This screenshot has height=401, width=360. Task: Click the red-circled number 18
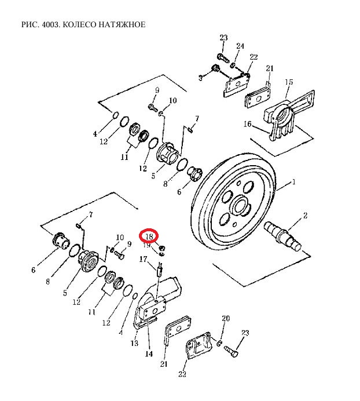point(149,236)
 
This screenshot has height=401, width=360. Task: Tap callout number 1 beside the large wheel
point(294,182)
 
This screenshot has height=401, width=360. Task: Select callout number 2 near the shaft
point(305,216)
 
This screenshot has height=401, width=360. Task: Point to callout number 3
point(201,78)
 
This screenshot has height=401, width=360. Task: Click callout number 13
point(134,343)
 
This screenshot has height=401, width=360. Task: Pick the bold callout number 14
point(149,354)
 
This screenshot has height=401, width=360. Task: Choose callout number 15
point(289,82)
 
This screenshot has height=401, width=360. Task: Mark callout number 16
point(247,124)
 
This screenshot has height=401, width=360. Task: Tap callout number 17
point(143,259)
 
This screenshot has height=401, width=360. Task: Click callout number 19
point(147,245)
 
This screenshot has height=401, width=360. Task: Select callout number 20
point(226,318)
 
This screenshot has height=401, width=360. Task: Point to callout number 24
point(240,46)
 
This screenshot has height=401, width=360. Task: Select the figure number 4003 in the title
point(52,24)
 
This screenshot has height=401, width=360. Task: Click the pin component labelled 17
point(159,270)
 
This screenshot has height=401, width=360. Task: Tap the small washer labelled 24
point(233,65)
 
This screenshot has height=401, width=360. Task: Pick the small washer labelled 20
point(219,343)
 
